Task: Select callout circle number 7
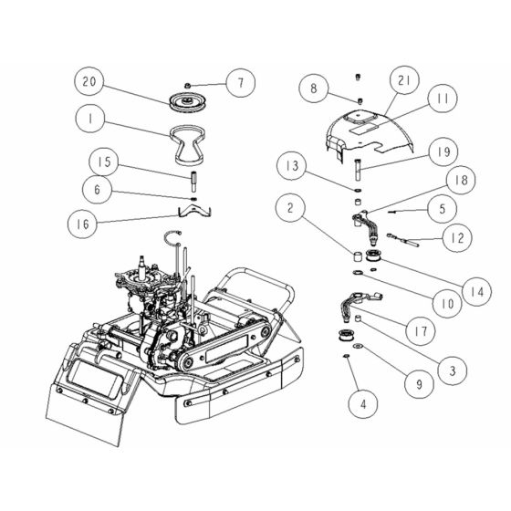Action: click(241, 84)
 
